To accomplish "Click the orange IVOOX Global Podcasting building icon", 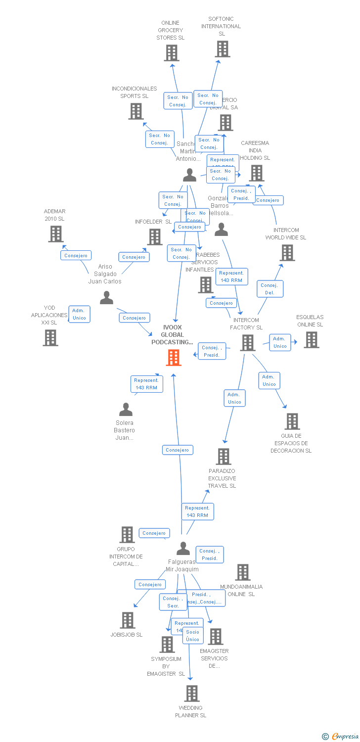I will pos(173,357).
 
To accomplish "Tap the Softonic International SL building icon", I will pos(223,49).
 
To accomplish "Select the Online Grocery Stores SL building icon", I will pos(171,53).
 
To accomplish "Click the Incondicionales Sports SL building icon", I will pos(135,111).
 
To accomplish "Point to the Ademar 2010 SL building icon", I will pos(56,233).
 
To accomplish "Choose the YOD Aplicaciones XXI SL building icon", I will pos(50,338).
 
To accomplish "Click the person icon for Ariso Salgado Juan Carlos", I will pos(106,298).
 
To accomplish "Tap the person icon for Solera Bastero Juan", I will pos(126,410).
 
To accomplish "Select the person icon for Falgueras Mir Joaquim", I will pos(183,549).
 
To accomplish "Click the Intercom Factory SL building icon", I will pos(248,343).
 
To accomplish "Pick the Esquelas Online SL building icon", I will pos(311,340).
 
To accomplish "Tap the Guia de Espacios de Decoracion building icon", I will pos(292,421).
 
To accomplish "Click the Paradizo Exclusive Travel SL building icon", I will pos(224,457).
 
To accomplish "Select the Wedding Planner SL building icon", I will pos(192,694).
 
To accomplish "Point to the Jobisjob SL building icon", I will pos(128,620).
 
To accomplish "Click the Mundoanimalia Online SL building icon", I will pos(242,572).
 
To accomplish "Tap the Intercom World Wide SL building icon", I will pos(287,253).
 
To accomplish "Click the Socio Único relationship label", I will pos(193,636).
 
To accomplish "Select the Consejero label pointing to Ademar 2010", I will pos(76,256).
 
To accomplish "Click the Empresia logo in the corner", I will pos(341,737).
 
